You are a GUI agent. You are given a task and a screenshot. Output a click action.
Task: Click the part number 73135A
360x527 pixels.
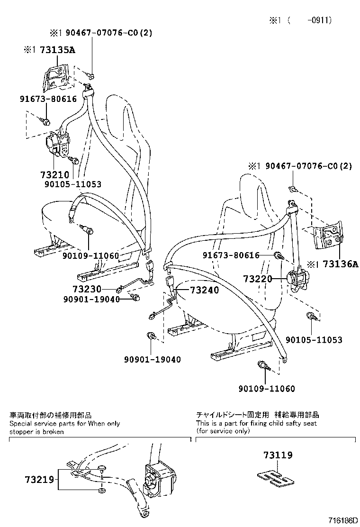[58, 50]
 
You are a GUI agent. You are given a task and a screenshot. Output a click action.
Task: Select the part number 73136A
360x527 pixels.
[340, 264]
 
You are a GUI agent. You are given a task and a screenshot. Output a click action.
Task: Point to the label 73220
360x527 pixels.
[258, 279]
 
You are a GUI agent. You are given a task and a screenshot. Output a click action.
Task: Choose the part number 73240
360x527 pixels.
[205, 290]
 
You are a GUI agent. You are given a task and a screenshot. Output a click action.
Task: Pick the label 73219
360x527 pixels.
[39, 480]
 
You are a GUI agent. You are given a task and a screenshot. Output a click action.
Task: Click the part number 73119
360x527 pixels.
[278, 455]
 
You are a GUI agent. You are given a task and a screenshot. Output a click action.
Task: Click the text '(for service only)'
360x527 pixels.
[223, 431]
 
